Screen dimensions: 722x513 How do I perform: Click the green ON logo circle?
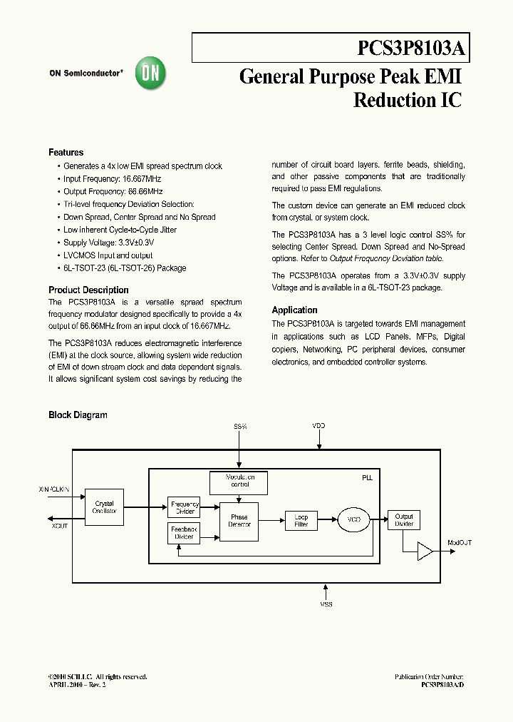point(150,72)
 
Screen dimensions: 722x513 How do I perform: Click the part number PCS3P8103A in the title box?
point(411,49)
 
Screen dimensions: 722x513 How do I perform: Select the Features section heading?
point(66,153)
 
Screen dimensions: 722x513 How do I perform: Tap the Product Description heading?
point(88,290)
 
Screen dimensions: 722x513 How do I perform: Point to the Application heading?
point(294,310)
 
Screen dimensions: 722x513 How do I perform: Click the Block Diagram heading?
point(78,415)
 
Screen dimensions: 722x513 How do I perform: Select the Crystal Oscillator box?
point(104,507)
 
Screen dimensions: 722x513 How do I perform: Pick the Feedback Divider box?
point(184,533)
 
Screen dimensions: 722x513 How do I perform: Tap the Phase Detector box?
point(239,521)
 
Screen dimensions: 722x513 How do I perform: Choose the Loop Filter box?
point(301,521)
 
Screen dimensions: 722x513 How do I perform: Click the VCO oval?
point(353,521)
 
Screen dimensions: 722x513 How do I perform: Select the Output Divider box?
point(404,520)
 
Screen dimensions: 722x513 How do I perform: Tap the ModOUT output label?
point(460,543)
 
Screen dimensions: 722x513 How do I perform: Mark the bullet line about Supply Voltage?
point(108,243)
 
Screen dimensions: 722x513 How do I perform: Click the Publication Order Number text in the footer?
point(429,676)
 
